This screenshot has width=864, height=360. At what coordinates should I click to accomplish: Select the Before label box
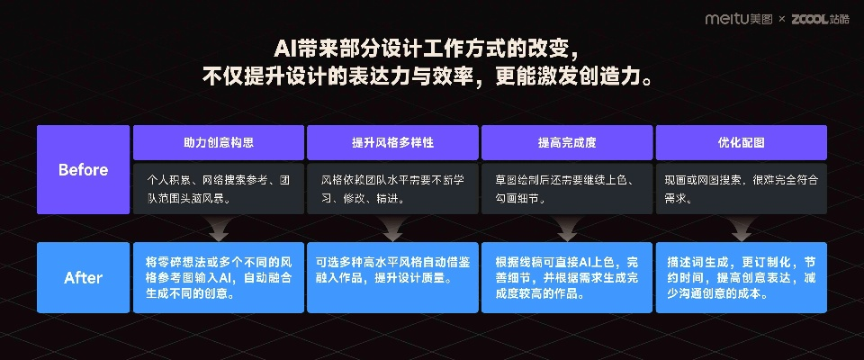click(83, 170)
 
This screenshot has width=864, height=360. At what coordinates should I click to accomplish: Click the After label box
click(83, 277)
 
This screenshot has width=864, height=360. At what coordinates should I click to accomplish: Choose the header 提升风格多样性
click(391, 142)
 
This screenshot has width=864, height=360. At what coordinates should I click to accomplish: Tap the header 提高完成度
click(566, 142)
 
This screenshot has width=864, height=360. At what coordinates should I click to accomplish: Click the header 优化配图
click(741, 142)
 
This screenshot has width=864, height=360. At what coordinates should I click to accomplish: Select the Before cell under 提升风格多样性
click(391, 188)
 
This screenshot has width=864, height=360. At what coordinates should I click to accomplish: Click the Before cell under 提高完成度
click(566, 188)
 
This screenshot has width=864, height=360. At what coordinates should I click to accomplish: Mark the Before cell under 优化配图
click(741, 188)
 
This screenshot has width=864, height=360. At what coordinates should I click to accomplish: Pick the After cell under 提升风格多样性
click(391, 277)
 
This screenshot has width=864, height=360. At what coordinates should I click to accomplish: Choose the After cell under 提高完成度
click(566, 277)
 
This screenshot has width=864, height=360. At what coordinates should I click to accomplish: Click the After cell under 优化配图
click(741, 277)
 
